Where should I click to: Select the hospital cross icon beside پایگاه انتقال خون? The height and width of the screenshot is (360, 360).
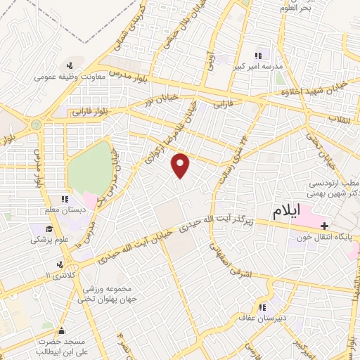pyautogui.click(x=324, y=226)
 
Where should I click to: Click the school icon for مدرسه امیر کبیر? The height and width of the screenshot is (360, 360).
pyautogui.click(x=257, y=56)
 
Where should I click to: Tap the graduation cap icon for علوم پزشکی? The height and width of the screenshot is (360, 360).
pyautogui.click(x=49, y=229)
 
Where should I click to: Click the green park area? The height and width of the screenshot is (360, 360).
pyautogui.click(x=91, y=168)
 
